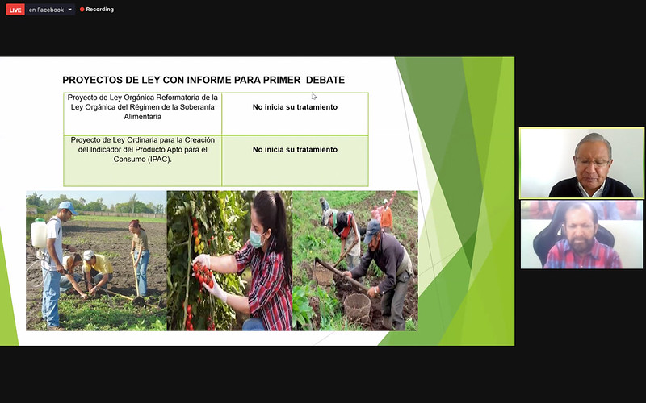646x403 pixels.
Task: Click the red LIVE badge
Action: pos(15,10)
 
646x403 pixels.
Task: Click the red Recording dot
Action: pos(82,10)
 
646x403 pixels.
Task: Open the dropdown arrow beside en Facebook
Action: pos(69,10)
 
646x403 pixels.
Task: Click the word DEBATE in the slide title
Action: pos(325,80)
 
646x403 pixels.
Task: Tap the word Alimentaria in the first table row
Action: pos(143,116)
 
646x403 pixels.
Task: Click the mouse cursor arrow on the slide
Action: pos(313,96)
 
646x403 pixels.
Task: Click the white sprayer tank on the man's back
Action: pos(39,233)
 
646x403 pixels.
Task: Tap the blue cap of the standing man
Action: pos(68,206)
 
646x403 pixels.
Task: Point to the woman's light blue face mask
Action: pos(257,238)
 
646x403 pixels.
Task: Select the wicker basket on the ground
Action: pos(357,307)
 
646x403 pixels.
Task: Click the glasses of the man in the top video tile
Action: pos(592,162)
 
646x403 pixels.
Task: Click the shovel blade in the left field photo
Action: pos(138,301)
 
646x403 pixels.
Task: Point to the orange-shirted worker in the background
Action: pos(386,216)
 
